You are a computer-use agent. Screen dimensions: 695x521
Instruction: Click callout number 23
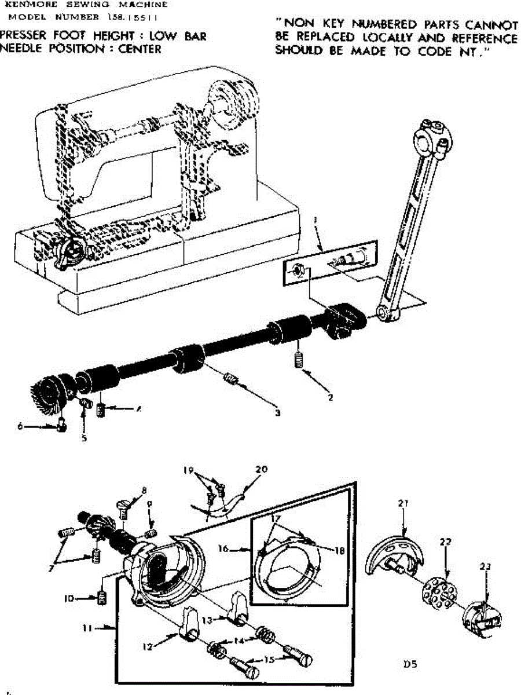coord(485,566)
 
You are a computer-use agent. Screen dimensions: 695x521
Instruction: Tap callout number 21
coord(403,503)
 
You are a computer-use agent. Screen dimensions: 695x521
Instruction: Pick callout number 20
coord(261,470)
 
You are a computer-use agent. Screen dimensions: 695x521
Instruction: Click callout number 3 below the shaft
coord(278,413)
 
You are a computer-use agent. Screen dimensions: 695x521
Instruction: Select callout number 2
coord(330,397)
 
